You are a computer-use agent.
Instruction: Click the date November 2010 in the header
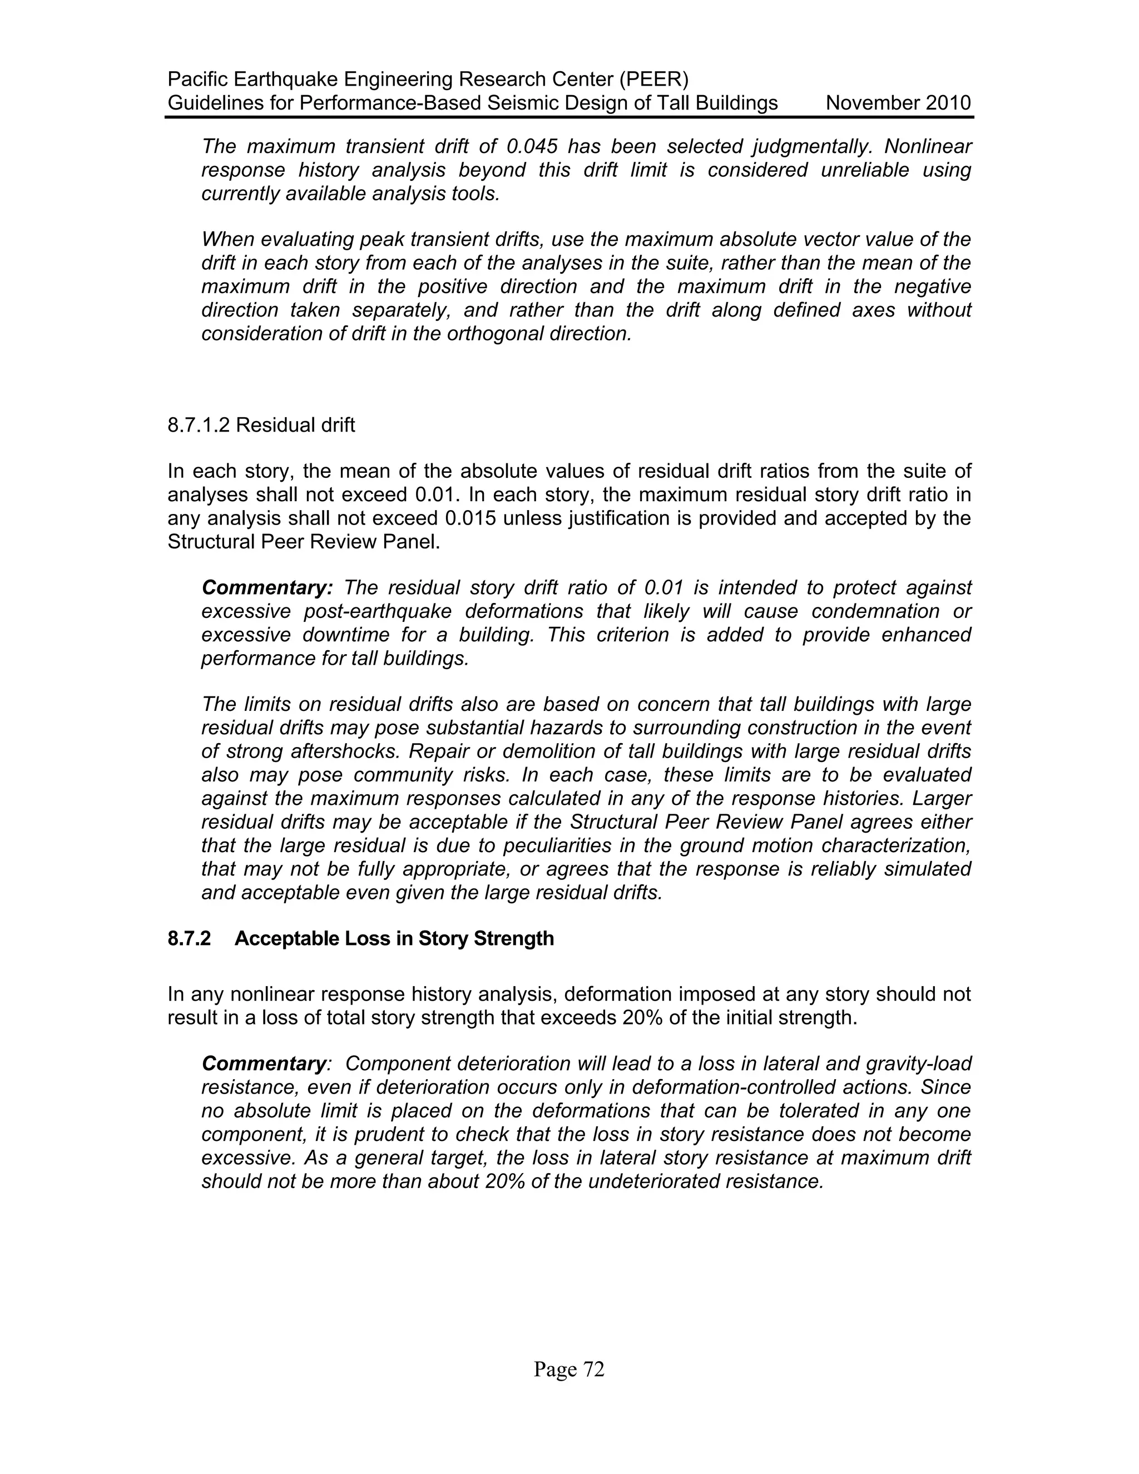click(x=898, y=103)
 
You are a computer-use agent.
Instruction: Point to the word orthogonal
click(x=504, y=334)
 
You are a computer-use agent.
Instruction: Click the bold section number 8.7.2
click(x=189, y=939)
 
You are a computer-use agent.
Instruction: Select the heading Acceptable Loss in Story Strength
click(x=394, y=939)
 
